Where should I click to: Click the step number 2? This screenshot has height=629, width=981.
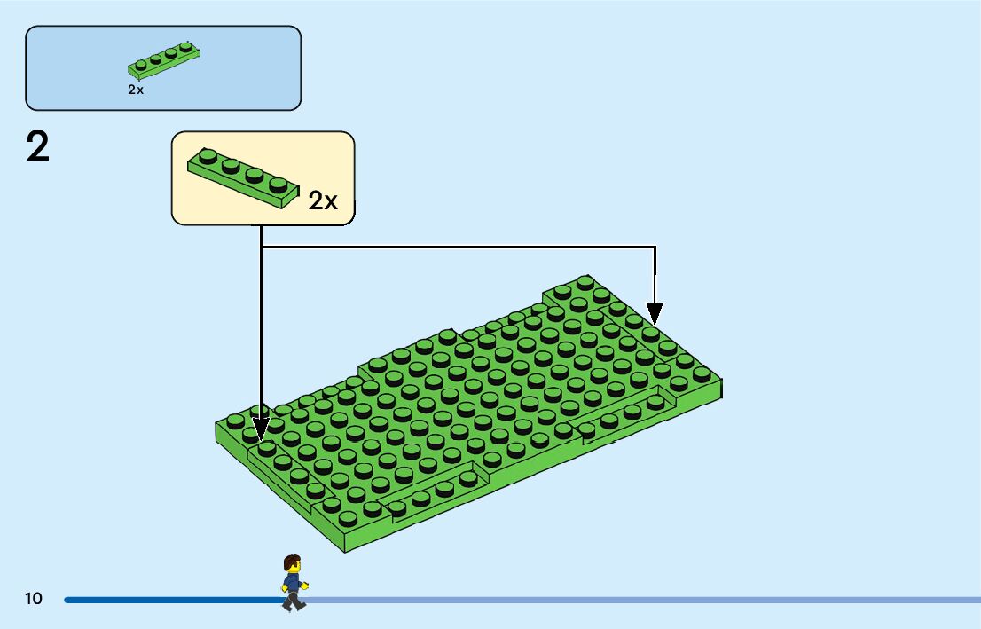coord(38,147)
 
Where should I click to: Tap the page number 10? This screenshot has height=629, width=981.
coord(34,599)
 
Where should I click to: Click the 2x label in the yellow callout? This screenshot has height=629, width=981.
coord(323,200)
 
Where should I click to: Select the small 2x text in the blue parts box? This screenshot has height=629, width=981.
coord(135,90)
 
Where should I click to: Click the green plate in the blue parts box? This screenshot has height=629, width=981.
coord(163,60)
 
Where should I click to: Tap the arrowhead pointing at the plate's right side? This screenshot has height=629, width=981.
coord(655,313)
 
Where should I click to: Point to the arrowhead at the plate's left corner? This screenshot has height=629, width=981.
coord(261,431)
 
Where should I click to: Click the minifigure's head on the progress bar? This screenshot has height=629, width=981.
coord(292,564)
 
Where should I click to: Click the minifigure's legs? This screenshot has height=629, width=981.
coord(293,601)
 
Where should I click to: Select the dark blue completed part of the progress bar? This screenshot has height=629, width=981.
coord(169,600)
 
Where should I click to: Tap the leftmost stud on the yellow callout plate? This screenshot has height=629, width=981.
coord(208,158)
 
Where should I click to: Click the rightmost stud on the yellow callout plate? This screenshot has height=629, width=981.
coord(279,184)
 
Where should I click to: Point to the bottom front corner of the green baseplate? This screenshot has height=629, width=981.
coord(345,548)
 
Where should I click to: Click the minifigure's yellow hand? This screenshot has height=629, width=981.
coord(305,586)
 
